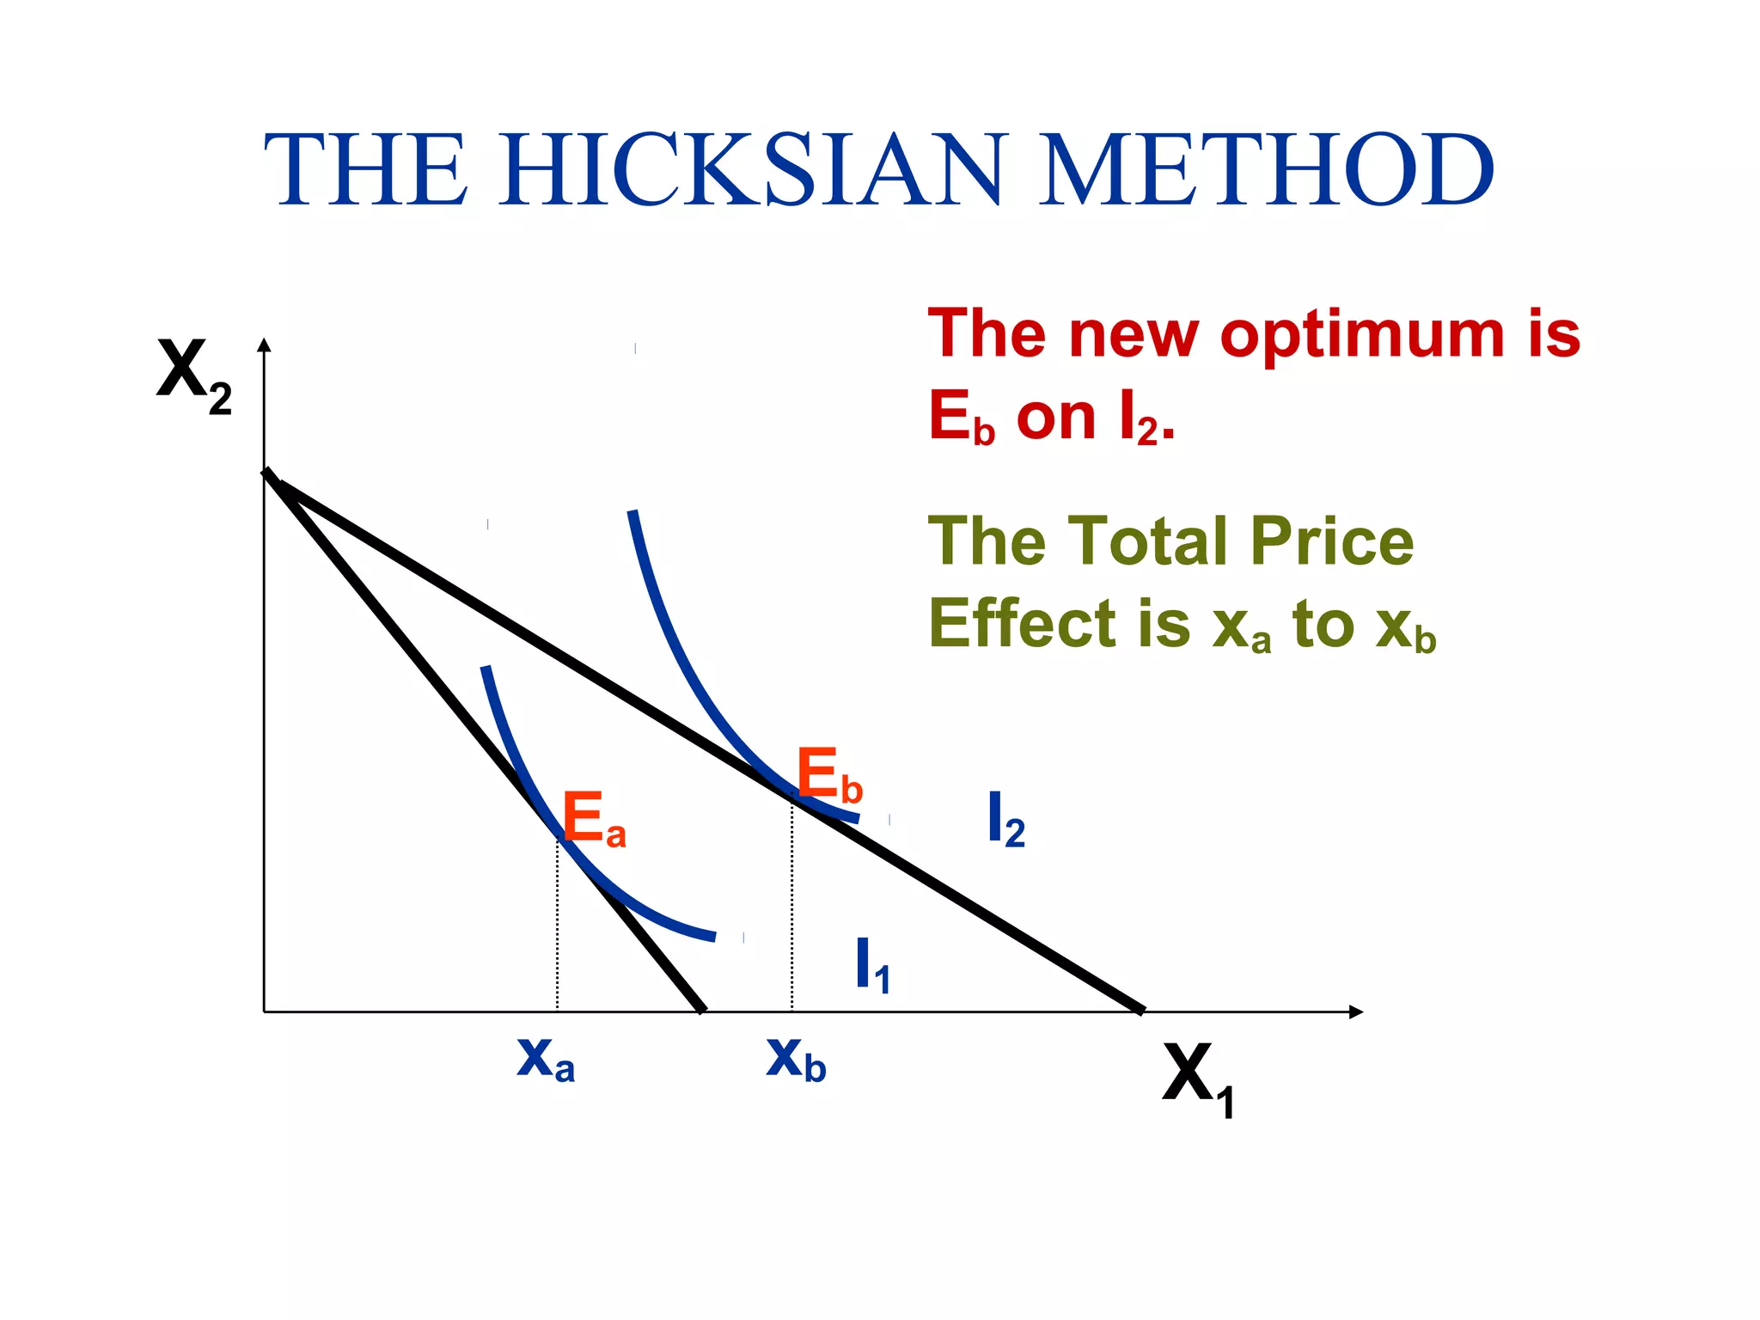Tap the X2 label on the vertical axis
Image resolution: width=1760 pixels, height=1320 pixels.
coord(193,375)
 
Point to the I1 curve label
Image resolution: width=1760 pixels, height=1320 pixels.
coord(871,966)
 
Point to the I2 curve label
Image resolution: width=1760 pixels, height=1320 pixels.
coord(1005,821)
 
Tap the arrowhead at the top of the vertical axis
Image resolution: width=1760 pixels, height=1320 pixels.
coord(265,345)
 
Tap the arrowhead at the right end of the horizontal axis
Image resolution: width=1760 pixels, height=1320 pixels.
coord(1355,1011)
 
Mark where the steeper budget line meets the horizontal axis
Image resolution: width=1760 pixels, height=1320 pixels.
coord(702,1010)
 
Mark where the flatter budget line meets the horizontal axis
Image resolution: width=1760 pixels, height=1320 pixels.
coord(1140,1010)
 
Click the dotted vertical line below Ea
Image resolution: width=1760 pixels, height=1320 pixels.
coord(557,928)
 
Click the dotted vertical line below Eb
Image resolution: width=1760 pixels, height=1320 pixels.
coord(791,907)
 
